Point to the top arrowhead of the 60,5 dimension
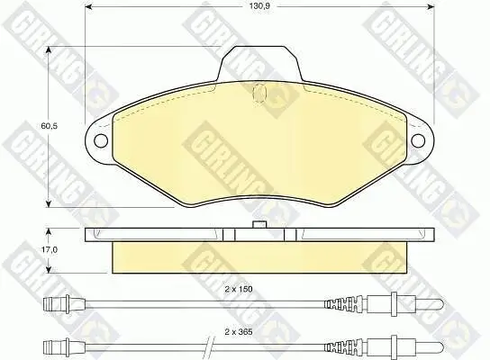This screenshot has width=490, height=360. pyautogui.click(x=49, y=50)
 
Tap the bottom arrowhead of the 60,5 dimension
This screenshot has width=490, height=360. pyautogui.click(x=49, y=202)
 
